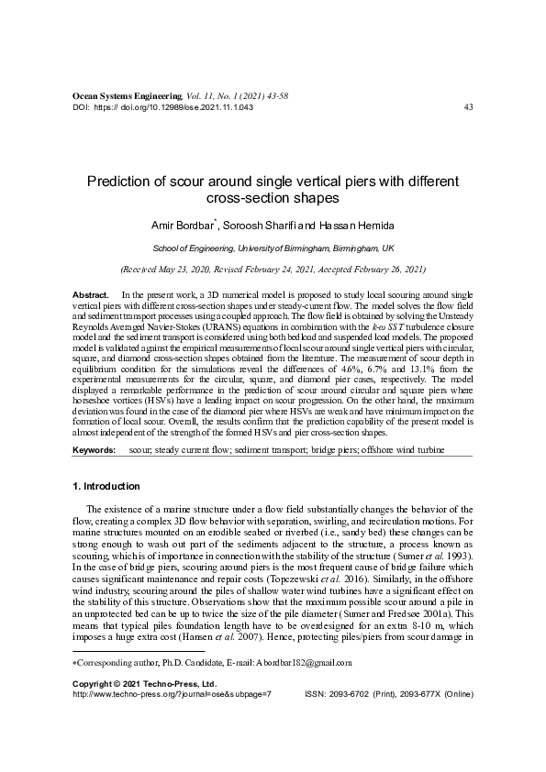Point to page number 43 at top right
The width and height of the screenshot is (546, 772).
click(x=469, y=106)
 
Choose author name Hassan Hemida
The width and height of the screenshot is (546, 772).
click(x=354, y=225)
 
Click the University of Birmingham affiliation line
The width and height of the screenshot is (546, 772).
click(x=273, y=248)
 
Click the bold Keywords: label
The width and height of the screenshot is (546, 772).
click(x=95, y=451)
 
